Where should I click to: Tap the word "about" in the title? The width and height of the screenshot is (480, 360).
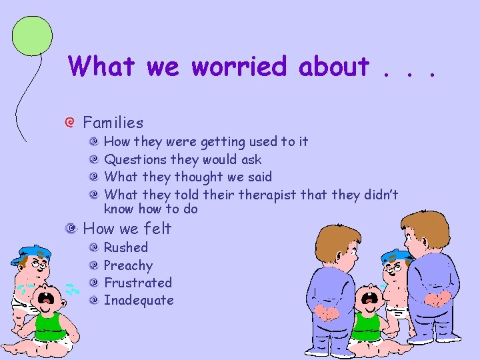pyautogui.click(x=333, y=67)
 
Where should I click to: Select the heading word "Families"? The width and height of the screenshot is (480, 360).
pyautogui.click(x=113, y=123)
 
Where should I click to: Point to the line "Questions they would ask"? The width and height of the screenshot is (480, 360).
pyautogui.click(x=183, y=159)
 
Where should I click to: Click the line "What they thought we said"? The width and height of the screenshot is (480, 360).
pyautogui.click(x=188, y=177)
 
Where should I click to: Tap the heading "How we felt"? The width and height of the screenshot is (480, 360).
pyautogui.click(x=127, y=229)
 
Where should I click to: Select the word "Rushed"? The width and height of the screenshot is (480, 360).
pyautogui.click(x=126, y=247)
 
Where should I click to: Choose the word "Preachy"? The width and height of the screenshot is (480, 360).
pyautogui.click(x=128, y=265)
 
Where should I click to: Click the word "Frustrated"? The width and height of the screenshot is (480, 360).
pyautogui.click(x=138, y=283)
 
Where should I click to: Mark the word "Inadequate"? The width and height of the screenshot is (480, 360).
pyautogui.click(x=139, y=300)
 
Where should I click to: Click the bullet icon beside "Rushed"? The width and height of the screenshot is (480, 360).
pyautogui.click(x=94, y=247)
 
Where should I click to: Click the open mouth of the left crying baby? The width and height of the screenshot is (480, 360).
pyautogui.click(x=46, y=299)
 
